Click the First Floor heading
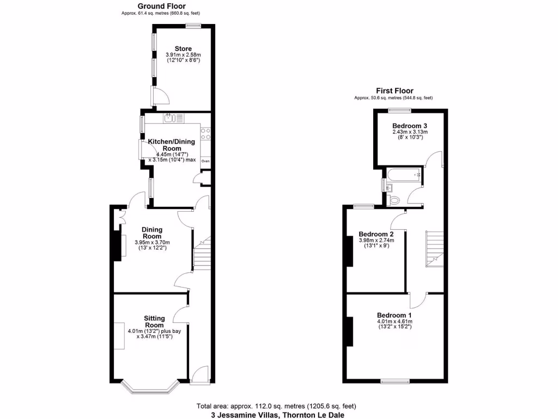(x=394, y=91)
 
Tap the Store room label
(x=183, y=49)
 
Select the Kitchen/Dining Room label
(x=172, y=145)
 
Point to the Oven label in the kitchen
(x=205, y=161)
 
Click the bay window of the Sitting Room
(x=149, y=388)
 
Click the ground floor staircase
(x=202, y=254)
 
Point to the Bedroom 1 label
(x=395, y=315)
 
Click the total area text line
(x=277, y=406)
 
